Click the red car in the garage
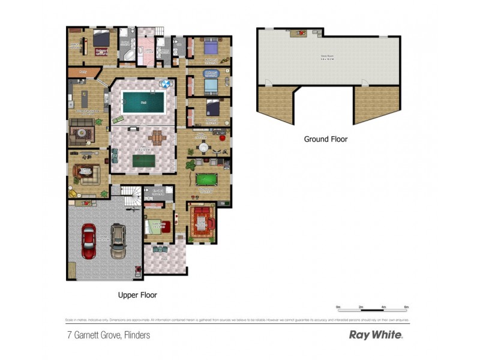[88, 241]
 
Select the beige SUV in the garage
[118, 241]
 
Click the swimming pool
[143, 103]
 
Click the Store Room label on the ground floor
[327, 58]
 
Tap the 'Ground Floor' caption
[325, 139]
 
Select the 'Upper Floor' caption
[137, 295]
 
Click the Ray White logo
[376, 335]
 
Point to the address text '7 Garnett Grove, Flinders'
[107, 335]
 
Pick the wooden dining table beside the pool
[158, 137]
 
